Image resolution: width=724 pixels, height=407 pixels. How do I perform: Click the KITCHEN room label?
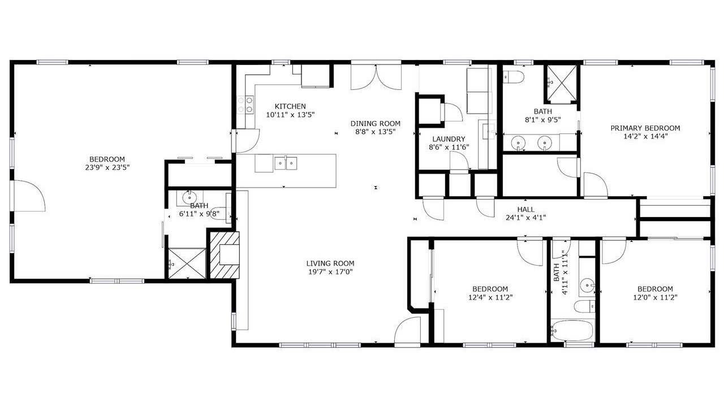coord(290,106)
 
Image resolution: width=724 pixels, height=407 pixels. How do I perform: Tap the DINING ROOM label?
coord(375,123)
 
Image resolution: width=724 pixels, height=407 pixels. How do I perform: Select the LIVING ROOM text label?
coord(330,263)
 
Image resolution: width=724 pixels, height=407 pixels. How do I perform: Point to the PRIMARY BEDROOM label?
coord(645,128)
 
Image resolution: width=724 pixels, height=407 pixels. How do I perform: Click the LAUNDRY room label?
coord(449,139)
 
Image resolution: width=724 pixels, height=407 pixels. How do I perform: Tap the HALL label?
coord(525,210)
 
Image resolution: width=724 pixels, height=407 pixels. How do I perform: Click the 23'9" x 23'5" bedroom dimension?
coord(107,168)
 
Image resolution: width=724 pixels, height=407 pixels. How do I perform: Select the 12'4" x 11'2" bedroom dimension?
coord(490,297)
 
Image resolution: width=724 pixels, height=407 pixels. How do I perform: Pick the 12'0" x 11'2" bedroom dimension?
coord(655,297)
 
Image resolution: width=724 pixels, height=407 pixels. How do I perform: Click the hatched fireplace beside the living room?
coord(225,255)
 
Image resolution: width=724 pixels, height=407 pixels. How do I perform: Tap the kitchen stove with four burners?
coord(245,105)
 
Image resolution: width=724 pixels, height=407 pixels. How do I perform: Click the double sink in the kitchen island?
coord(286,163)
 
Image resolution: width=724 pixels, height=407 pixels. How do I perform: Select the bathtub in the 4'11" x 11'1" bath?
coord(572,330)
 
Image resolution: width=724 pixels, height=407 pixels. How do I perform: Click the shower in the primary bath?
coord(562,84)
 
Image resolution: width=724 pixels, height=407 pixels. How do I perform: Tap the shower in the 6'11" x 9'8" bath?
coord(187,263)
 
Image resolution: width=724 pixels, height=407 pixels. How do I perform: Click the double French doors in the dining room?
coord(376,77)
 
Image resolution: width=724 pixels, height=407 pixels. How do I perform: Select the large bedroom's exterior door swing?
coord(28,196)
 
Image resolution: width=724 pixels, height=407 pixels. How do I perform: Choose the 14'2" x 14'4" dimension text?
coord(645,136)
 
